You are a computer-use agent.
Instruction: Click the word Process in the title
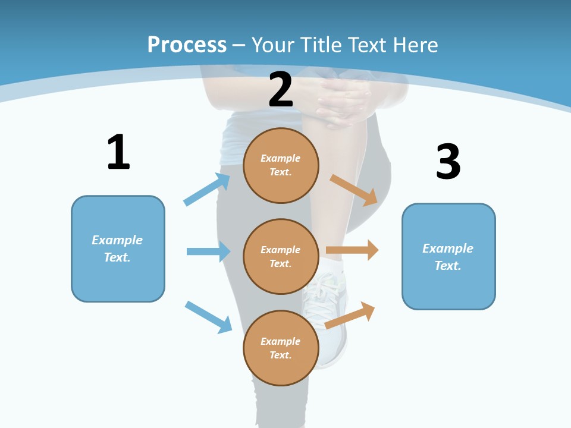pyautogui.click(x=187, y=45)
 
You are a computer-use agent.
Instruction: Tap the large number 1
pyautogui.click(x=119, y=152)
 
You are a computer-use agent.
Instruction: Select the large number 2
pyautogui.click(x=281, y=89)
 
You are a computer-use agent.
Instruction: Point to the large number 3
pyautogui.click(x=448, y=161)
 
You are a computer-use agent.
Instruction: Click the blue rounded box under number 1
pyautogui.click(x=118, y=249)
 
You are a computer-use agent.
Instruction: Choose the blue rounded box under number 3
pyautogui.click(x=448, y=257)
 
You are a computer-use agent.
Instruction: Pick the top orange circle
pyautogui.click(x=281, y=166)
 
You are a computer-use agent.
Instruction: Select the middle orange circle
pyautogui.click(x=281, y=257)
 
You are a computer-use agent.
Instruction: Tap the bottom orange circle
pyautogui.click(x=281, y=348)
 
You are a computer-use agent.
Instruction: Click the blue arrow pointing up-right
pyautogui.click(x=207, y=189)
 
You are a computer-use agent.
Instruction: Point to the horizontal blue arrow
pyautogui.click(x=209, y=251)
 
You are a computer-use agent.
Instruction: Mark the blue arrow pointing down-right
pyautogui.click(x=209, y=317)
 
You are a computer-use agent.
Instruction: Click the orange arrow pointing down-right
pyautogui.click(x=353, y=190)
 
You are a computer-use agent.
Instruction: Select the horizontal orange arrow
pyautogui.click(x=352, y=250)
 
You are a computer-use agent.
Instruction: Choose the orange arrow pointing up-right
pyautogui.click(x=350, y=315)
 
